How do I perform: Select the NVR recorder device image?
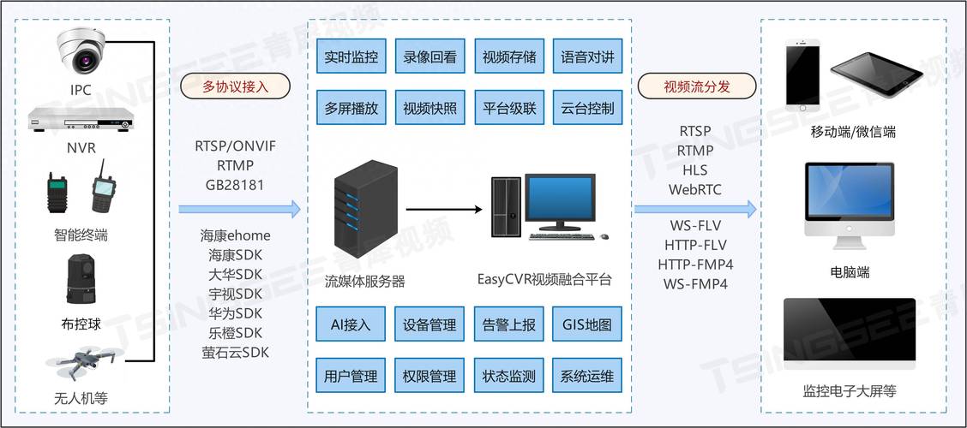click(x=81, y=119)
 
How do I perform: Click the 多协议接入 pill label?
click(x=235, y=86)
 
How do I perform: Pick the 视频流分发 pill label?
click(x=697, y=86)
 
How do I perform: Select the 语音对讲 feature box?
click(x=586, y=58)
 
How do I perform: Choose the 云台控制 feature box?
click(x=586, y=109)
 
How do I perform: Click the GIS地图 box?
click(x=586, y=325)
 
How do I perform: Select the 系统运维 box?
click(x=586, y=376)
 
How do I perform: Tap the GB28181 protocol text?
click(x=235, y=184)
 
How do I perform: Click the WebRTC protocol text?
click(x=695, y=189)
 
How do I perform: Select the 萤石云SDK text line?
click(x=235, y=352)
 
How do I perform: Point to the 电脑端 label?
click(x=850, y=272)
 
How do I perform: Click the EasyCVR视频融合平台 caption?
click(x=544, y=280)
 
